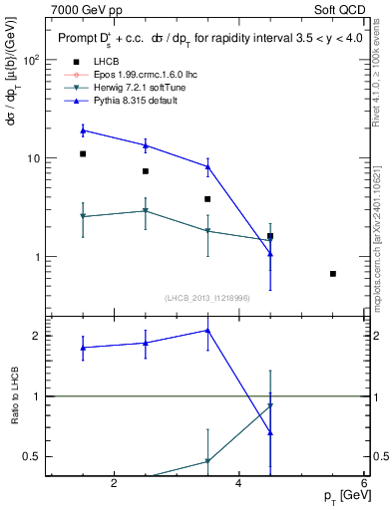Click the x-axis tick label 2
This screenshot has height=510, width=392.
coord(114,484)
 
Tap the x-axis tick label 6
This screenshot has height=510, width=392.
coord(363,484)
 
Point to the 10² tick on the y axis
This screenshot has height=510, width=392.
coord(33,60)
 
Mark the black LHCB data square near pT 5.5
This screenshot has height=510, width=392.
coord(333,274)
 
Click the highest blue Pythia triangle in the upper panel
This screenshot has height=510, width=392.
coord(83,130)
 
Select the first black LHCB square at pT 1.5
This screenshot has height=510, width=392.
coord(83,154)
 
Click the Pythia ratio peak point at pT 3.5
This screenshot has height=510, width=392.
coord(207,330)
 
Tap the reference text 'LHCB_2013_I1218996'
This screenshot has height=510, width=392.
coord(206,297)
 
